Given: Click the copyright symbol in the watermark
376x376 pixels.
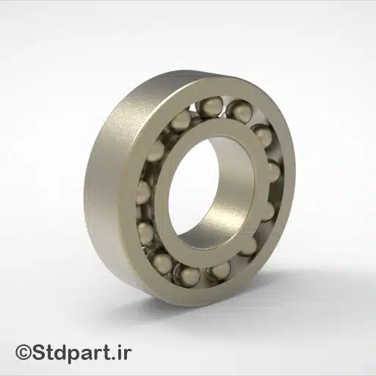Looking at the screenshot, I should [24, 353].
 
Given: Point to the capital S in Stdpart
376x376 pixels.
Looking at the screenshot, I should [40, 353].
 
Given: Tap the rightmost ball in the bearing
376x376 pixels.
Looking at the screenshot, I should [272, 172].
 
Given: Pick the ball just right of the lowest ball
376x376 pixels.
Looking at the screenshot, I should [219, 270].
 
